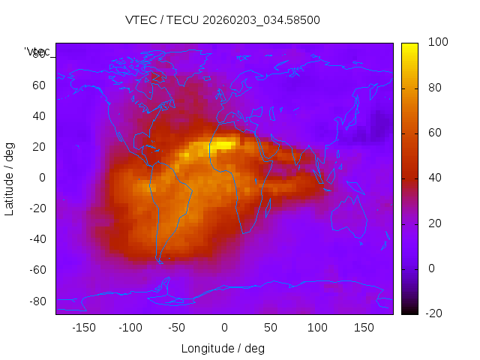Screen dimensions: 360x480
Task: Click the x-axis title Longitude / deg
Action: pos(223,349)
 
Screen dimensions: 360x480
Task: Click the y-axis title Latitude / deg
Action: pos(10,177)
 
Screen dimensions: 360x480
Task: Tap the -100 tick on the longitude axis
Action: pos(130,328)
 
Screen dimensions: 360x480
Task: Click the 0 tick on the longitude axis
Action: pos(223,328)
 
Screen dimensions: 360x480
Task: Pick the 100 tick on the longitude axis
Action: pos(317,328)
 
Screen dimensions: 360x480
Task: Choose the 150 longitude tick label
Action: pos(364,328)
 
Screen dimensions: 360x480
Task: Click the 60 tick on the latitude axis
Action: pos(39,85)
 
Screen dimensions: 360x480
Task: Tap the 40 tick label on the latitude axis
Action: pos(39,116)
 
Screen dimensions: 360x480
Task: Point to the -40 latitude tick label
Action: pos(37,239)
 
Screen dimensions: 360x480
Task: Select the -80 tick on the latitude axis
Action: pos(37,301)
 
